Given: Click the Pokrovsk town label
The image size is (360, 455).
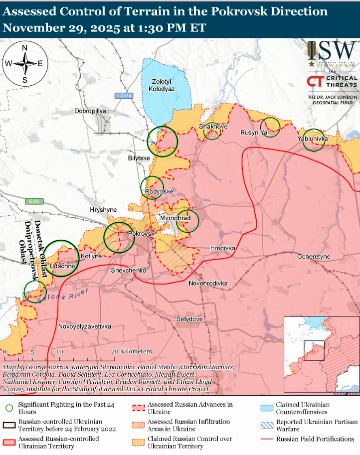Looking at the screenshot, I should coord(141,233).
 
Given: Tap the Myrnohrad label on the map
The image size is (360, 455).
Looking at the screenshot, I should coord(175,218).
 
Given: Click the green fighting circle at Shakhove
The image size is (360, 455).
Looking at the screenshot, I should coord(212,131).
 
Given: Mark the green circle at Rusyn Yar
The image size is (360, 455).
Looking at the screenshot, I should coord(271,127).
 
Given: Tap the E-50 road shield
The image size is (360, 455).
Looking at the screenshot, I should coord(33,201).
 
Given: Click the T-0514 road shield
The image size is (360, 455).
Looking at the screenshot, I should coord(123,96).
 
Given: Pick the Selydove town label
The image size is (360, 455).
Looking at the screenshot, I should coord(189,318).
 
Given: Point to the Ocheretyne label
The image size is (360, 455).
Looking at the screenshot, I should coord(314,256).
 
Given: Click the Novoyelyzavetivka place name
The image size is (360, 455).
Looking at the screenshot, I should coord(84,326).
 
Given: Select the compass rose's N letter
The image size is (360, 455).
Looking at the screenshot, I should coord(25,47).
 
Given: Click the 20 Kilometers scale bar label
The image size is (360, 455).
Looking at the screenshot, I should coord(133,351).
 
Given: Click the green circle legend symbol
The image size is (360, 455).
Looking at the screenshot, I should coord(8,408).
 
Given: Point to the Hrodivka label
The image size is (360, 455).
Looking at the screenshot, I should coord(222,248).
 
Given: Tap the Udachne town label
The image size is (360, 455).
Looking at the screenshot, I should coord(62,266).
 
